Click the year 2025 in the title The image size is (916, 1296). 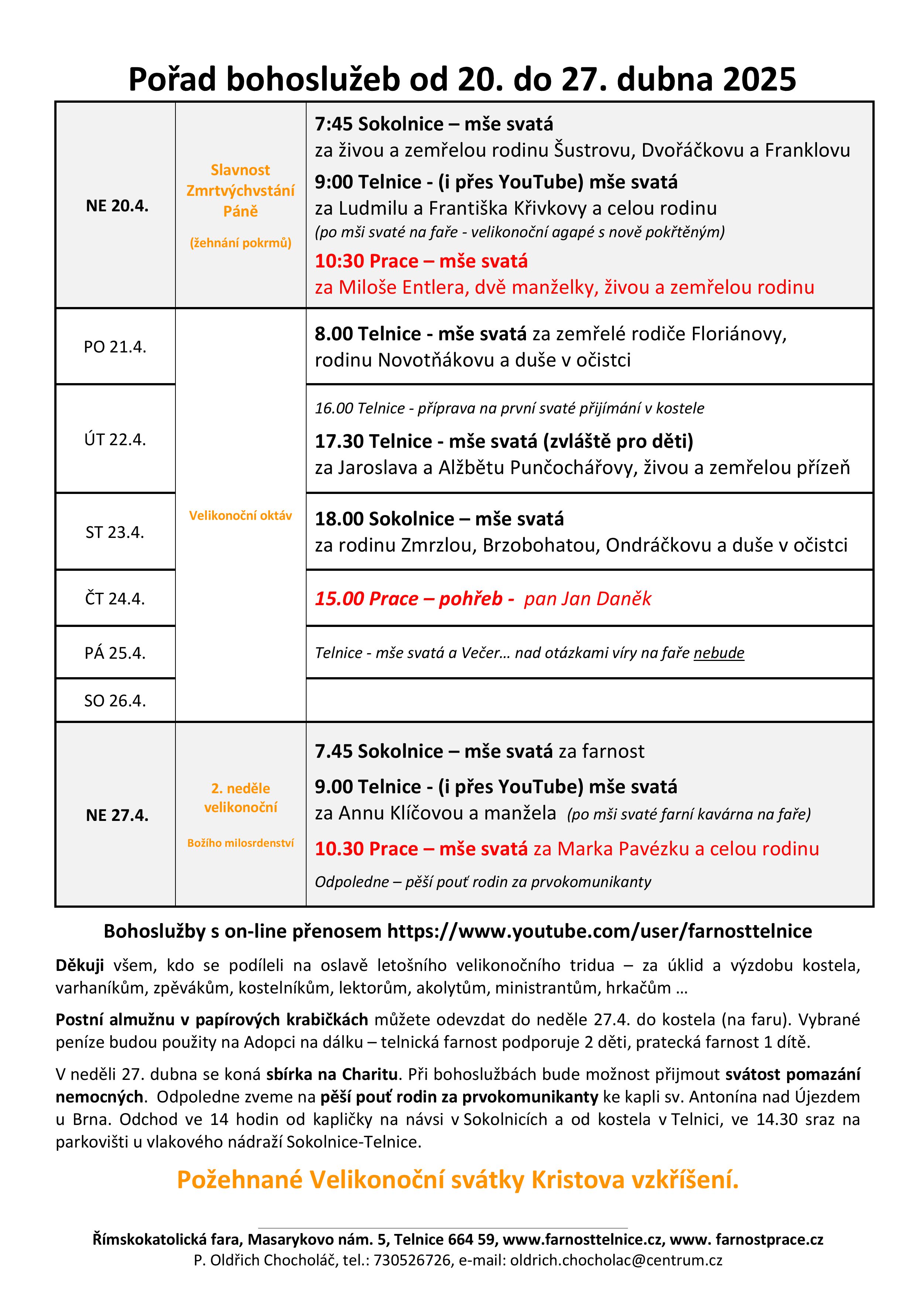pos(759,79)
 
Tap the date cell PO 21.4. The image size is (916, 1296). pos(115,347)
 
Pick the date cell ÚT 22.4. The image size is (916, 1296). pos(115,439)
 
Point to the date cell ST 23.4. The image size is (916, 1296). pos(115,532)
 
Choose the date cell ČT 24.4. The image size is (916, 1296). pos(115,598)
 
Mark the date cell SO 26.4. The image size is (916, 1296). pos(115,700)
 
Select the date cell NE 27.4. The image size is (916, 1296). pos(117,815)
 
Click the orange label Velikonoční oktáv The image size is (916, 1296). pos(240,515)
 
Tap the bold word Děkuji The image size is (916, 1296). pos(79,965)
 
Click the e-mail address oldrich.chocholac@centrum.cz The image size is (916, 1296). pos(616,1260)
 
